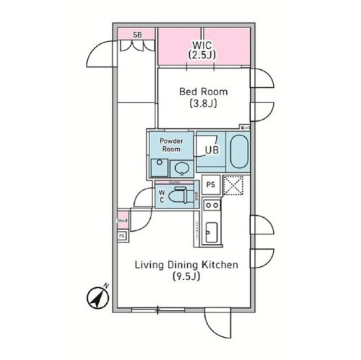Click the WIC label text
pos(203,42)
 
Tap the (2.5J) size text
pos(203,54)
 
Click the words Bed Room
pos(204,92)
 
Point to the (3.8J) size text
pos(204,105)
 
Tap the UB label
pos(212,149)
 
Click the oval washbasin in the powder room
pos(181,169)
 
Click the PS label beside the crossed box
pos(211,185)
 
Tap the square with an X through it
pos(235,185)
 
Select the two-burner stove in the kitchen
pos(212,208)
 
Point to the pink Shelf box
pos(121,222)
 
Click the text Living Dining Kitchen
pos(187,265)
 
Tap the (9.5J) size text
pos(187,278)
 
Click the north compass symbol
pos(96,296)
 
